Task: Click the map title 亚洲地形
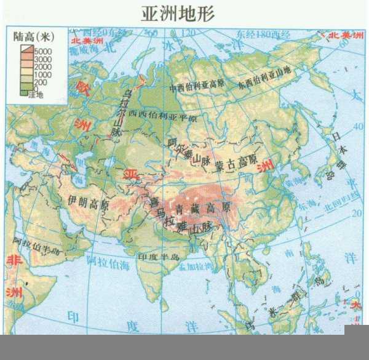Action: (x=184, y=14)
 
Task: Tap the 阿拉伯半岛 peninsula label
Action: (x=39, y=244)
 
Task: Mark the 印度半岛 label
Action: (x=157, y=255)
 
